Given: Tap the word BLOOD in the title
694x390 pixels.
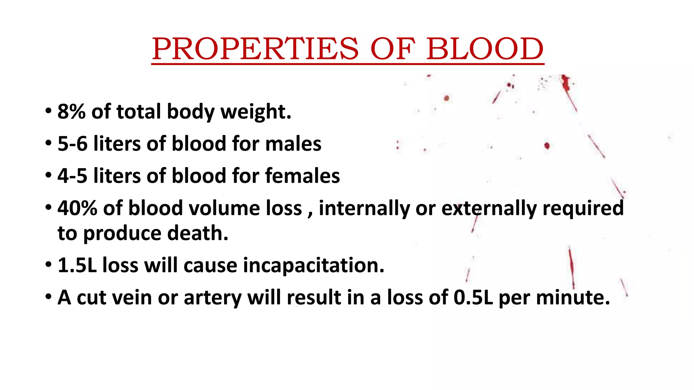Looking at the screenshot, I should (x=485, y=49).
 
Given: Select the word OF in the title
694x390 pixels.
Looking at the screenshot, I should (x=392, y=49).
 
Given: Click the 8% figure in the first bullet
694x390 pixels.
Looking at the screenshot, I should (x=72, y=111).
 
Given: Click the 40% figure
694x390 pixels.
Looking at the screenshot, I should (x=78, y=208).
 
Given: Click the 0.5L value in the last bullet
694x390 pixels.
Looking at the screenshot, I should (x=473, y=297).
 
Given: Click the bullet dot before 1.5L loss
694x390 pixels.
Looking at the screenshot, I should (x=48, y=264).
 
